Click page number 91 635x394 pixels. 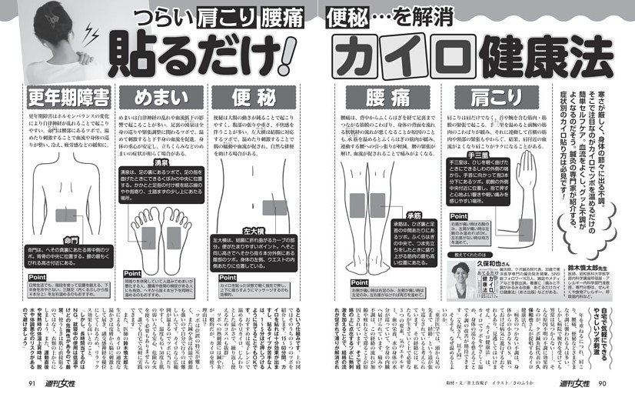(32, 382)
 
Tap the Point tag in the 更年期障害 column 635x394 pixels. (38, 277)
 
